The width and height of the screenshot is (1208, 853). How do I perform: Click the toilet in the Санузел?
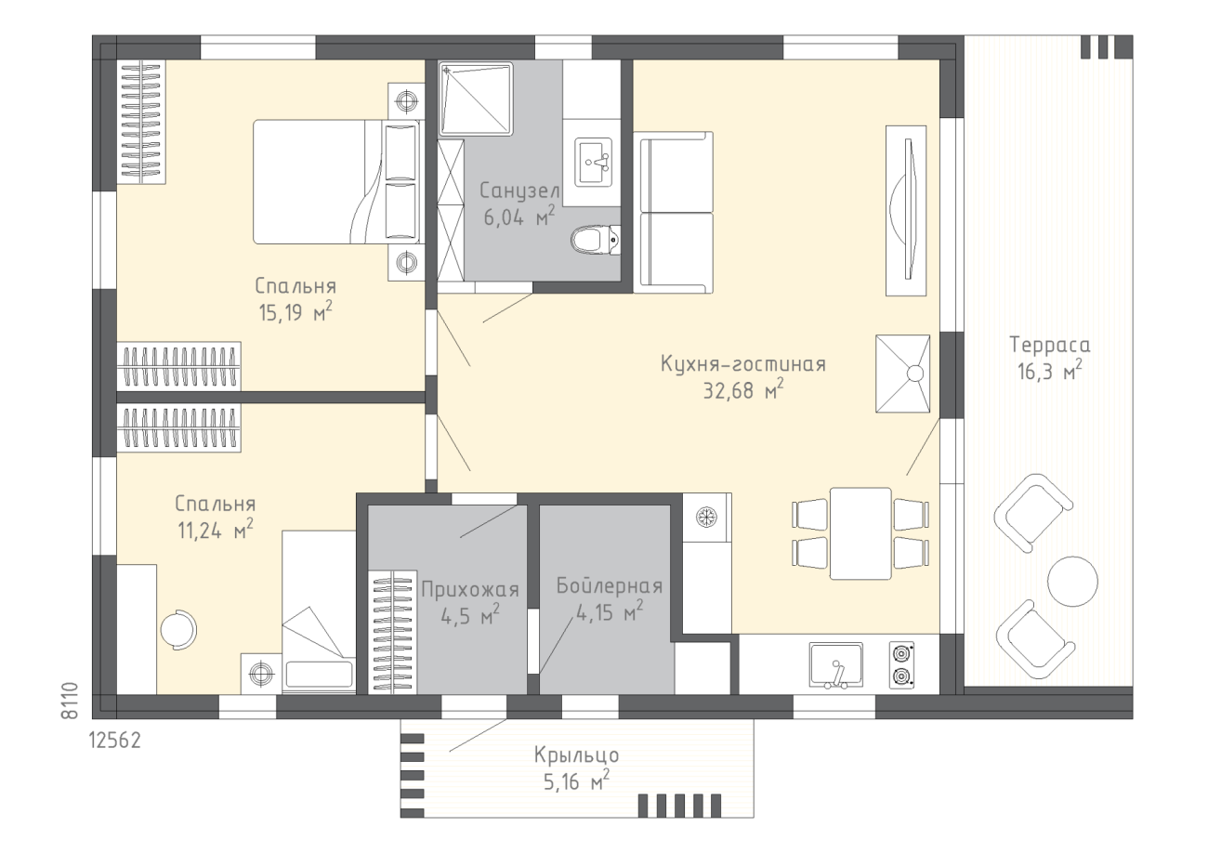tap(596, 240)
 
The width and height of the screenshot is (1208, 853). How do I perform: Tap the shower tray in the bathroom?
tap(476, 98)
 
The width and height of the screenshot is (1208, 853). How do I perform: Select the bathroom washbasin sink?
tap(593, 162)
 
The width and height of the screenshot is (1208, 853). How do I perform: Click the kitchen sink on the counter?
tap(836, 665)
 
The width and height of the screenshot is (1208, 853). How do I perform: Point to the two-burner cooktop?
tap(901, 664)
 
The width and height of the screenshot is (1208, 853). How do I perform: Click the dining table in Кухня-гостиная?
tap(860, 533)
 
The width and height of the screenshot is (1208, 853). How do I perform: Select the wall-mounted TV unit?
tap(906, 211)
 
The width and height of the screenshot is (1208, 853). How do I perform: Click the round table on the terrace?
tap(1072, 582)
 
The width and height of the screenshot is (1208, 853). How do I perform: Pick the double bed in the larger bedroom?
tap(336, 182)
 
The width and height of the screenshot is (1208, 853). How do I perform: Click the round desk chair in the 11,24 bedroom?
tap(179, 629)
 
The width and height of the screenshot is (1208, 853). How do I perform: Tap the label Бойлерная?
tap(610, 586)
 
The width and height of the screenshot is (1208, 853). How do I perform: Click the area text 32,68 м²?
tap(743, 390)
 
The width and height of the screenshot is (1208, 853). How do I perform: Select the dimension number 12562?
tap(115, 741)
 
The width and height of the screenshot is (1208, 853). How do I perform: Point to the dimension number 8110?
tap(70, 701)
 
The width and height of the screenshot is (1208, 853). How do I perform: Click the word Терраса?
tap(1049, 345)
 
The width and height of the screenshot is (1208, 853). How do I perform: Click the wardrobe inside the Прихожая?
tap(392, 633)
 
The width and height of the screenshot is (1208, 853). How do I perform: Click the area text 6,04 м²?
tap(519, 217)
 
